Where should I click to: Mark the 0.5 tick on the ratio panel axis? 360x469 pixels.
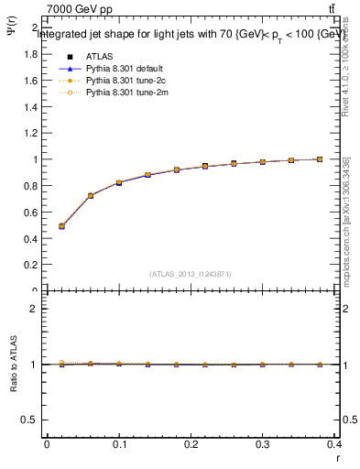tap(29, 420)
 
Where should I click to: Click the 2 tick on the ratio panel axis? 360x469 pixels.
tap(34, 309)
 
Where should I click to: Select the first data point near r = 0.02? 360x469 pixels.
tap(61, 225)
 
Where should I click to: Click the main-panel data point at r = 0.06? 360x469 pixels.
tap(90, 195)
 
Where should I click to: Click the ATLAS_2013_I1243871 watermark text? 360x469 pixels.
tap(190, 274)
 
